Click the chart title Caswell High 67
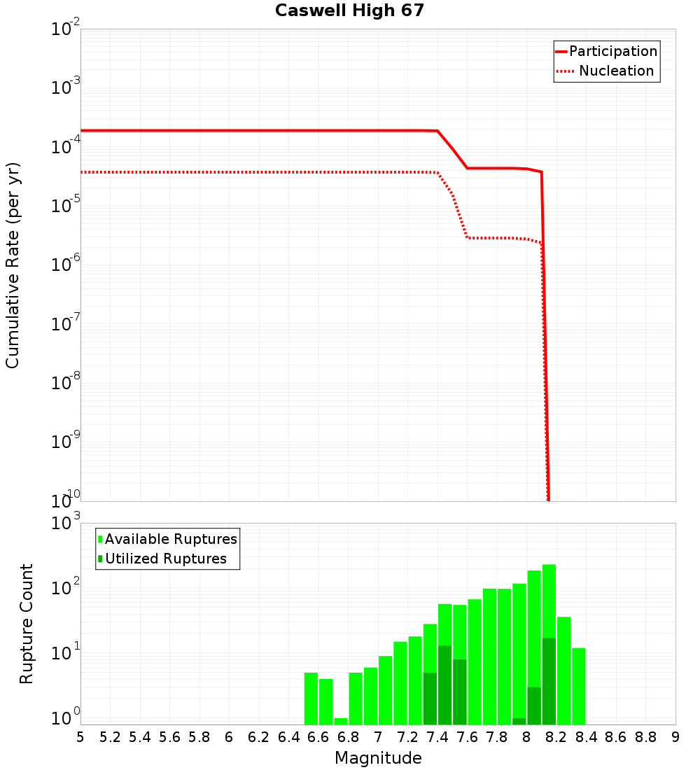coord(349,11)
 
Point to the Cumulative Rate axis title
coord(13,265)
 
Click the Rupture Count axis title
coord(27,624)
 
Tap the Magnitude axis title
coord(378,758)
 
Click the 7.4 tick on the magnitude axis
coord(437,737)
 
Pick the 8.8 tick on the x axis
coord(645,737)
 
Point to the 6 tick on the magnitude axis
coord(229,737)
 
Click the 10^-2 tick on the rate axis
coord(66,29)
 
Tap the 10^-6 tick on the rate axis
coord(66,265)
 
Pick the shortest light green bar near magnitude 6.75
coord(341,721)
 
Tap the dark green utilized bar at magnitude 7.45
coord(445,686)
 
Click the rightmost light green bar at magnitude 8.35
coord(579,686)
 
